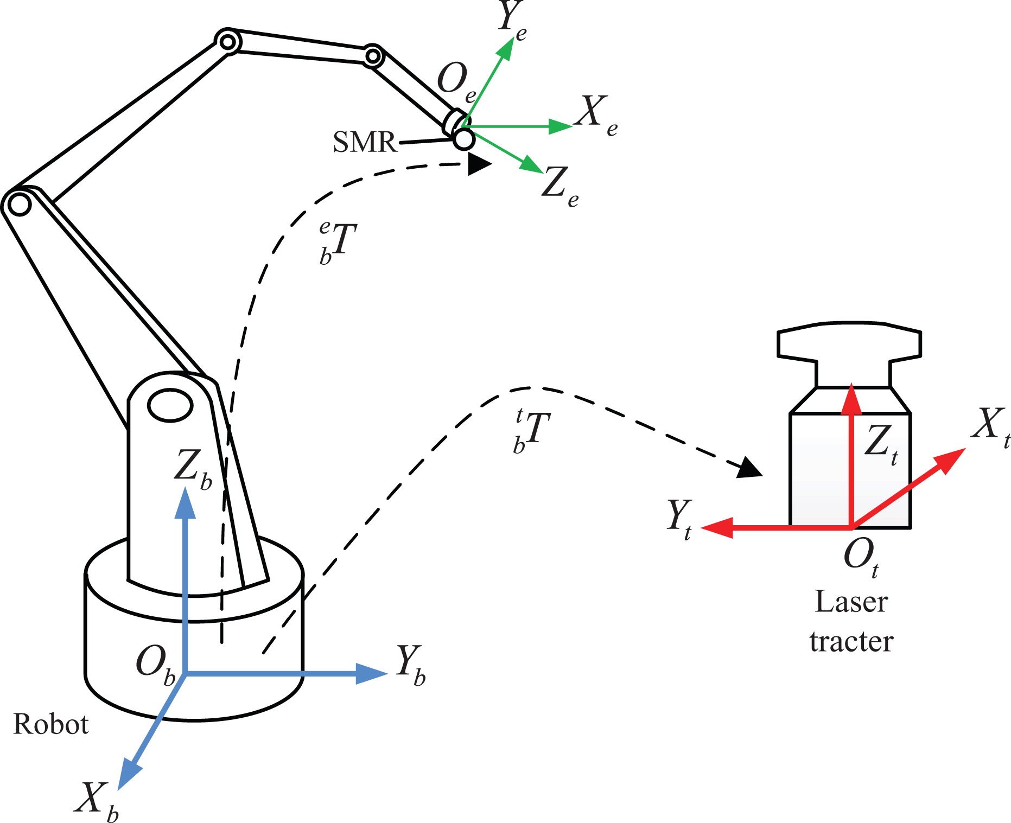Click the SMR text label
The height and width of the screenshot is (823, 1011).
pos(365,142)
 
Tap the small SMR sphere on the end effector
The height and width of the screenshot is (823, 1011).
pos(464,139)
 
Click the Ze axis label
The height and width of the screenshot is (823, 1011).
pos(560,188)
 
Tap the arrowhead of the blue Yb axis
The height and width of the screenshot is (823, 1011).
pos(372,673)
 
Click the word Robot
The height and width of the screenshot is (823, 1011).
pos(50,724)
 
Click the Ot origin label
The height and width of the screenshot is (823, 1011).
pos(861,558)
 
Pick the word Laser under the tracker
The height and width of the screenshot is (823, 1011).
pos(851,602)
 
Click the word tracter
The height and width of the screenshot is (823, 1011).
pos(851,641)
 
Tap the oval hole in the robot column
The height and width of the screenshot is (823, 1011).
pos(170,405)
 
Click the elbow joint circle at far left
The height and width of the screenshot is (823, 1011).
pos(20,205)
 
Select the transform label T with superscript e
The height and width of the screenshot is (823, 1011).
pos(338,242)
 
